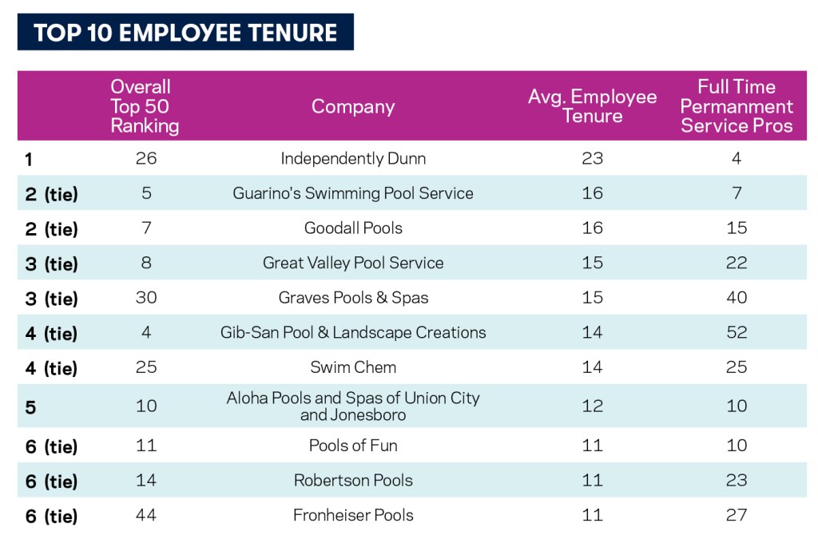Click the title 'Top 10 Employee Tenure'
[185, 32]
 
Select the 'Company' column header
[353, 106]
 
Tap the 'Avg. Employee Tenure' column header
[592, 106]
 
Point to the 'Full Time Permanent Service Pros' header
[737, 106]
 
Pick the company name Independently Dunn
[353, 159]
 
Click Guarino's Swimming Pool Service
[353, 193]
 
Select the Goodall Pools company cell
[353, 228]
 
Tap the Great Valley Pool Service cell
[353, 263]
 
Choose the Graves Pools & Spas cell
[353, 298]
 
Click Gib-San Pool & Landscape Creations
[353, 332]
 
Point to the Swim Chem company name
[353, 367]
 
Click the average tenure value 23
[592, 159]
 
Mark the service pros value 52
[737, 332]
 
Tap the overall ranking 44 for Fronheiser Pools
[146, 515]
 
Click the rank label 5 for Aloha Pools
[31, 407]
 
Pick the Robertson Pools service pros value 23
[737, 480]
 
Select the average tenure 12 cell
[592, 406]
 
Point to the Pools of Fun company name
[353, 446]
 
